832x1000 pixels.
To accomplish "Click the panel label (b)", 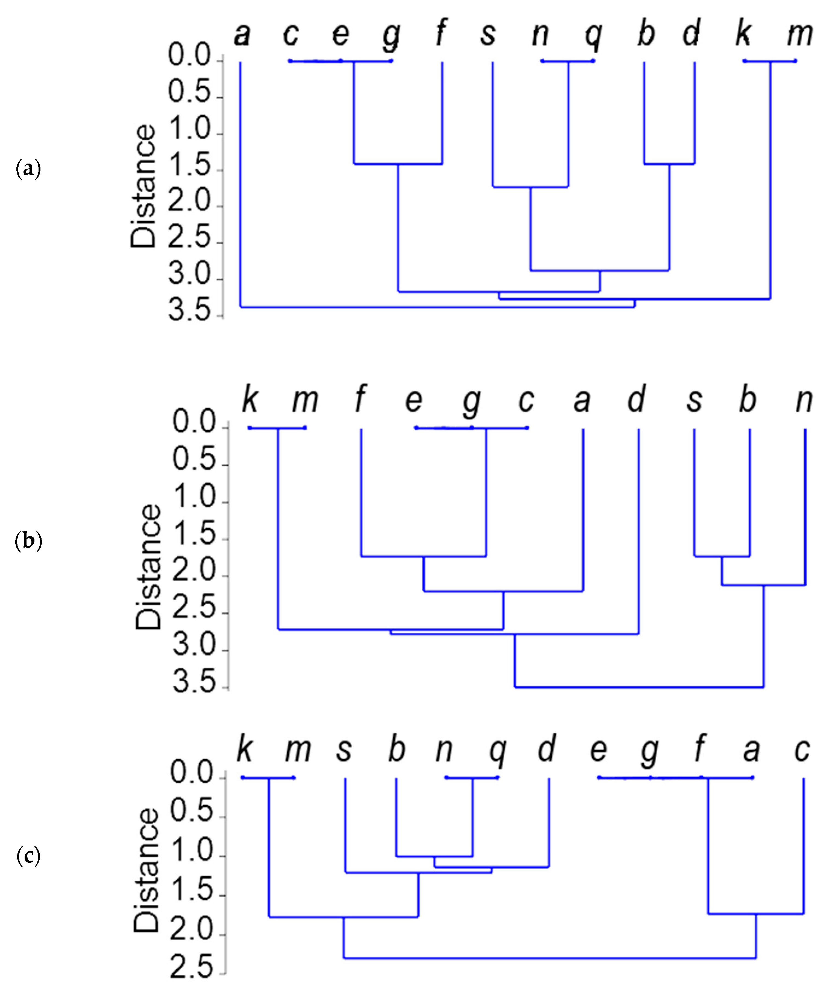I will tap(28, 541).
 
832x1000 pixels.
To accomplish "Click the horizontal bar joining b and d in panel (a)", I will tap(669, 164).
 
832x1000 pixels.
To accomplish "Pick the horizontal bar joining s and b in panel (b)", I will tap(722, 556).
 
